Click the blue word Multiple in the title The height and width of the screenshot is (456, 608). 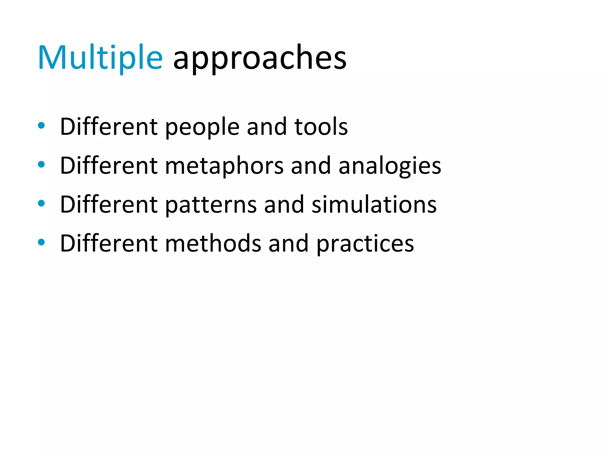[100, 58]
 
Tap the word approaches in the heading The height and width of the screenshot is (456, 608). [260, 58]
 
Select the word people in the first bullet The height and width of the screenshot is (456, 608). [202, 127]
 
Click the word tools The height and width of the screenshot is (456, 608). [321, 127]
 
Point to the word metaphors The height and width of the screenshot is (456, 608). [224, 166]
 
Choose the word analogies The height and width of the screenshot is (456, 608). [390, 166]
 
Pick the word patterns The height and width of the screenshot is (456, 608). [211, 205]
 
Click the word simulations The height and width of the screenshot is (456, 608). [374, 205]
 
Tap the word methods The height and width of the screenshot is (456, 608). [213, 244]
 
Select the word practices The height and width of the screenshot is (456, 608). [365, 244]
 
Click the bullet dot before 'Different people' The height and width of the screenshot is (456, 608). [41, 126]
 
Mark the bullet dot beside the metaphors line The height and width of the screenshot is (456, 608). [41, 164]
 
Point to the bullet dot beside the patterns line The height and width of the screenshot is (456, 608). [41, 203]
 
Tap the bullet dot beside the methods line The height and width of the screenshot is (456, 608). [41, 242]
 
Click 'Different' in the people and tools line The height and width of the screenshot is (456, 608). [109, 127]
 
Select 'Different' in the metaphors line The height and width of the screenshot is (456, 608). [109, 166]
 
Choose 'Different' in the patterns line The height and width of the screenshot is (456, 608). [109, 205]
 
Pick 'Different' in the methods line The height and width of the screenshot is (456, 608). [109, 244]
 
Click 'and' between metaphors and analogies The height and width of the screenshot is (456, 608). [311, 166]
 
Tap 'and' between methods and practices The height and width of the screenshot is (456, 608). [289, 244]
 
